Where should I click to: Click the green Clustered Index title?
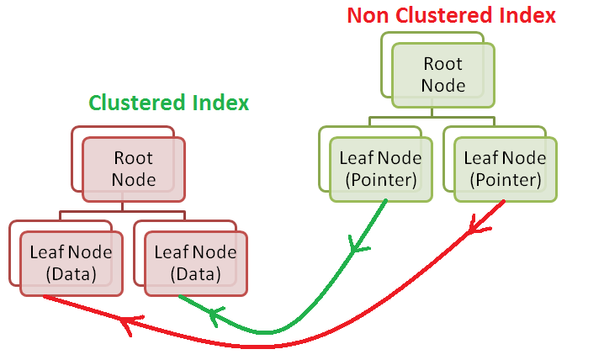[169, 103]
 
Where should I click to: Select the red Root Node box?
[133, 168]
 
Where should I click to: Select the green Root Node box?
[442, 74]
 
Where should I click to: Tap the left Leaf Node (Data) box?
[71, 262]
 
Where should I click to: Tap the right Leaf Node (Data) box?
[195, 262]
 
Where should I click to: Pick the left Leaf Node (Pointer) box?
[380, 168]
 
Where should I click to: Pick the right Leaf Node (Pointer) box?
[505, 168]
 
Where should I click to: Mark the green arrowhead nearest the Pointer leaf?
[359, 245]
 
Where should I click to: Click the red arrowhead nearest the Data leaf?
[126, 325]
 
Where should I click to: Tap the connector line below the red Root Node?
[123, 209]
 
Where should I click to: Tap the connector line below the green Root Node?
[432, 115]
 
